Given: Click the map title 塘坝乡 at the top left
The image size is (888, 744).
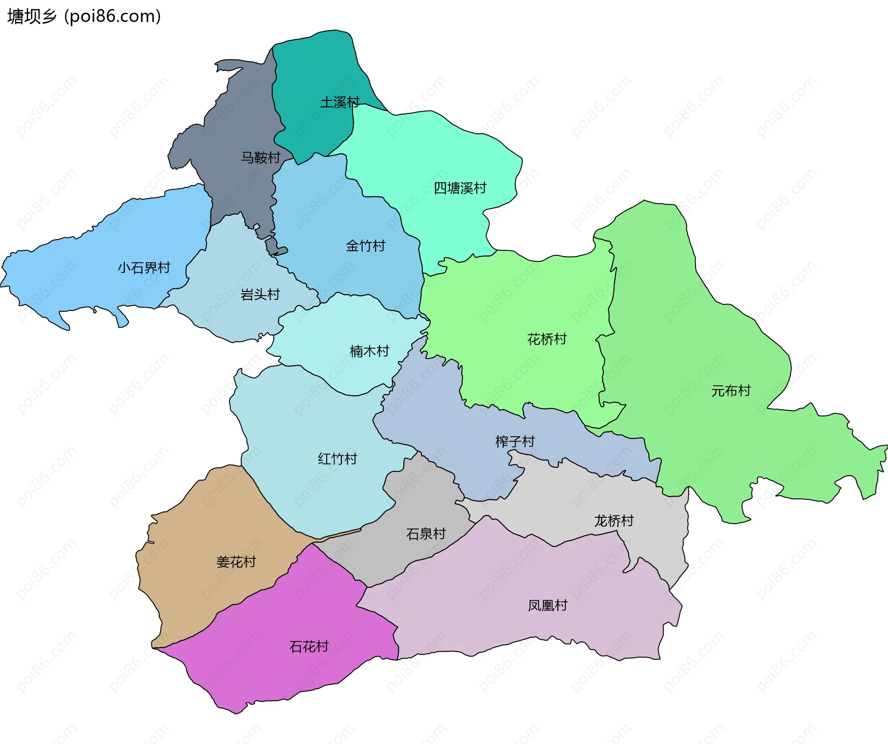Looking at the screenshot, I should pos(31,16).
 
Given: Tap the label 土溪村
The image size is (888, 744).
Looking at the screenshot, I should pos(339,102).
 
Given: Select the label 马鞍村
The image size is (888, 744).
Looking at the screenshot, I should pos(260,158).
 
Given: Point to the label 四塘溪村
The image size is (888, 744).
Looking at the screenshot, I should pos(460,188).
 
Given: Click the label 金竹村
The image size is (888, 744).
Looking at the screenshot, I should pos(365,246).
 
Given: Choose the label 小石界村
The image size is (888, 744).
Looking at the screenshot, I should pos(144,267).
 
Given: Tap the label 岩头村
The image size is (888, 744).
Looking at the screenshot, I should pos(260,294).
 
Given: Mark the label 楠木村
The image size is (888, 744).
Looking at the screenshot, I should pos(369,351).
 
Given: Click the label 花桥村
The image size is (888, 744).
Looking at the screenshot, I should pos(547,339).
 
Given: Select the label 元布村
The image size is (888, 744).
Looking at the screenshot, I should pos(730,391).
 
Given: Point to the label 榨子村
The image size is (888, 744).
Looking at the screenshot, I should pos(515,441).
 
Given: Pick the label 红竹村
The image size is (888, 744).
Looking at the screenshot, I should pos(337,459).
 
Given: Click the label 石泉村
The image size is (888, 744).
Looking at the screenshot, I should pos(425,534).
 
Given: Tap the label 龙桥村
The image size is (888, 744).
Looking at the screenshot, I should pos(613,521).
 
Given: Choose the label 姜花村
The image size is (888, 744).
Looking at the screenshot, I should pos(236,562).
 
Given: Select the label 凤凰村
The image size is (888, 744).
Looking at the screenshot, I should pos(547,605).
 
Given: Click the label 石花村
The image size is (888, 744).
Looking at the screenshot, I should pos(308,646).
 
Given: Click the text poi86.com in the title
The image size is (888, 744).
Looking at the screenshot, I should pos(112,16).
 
